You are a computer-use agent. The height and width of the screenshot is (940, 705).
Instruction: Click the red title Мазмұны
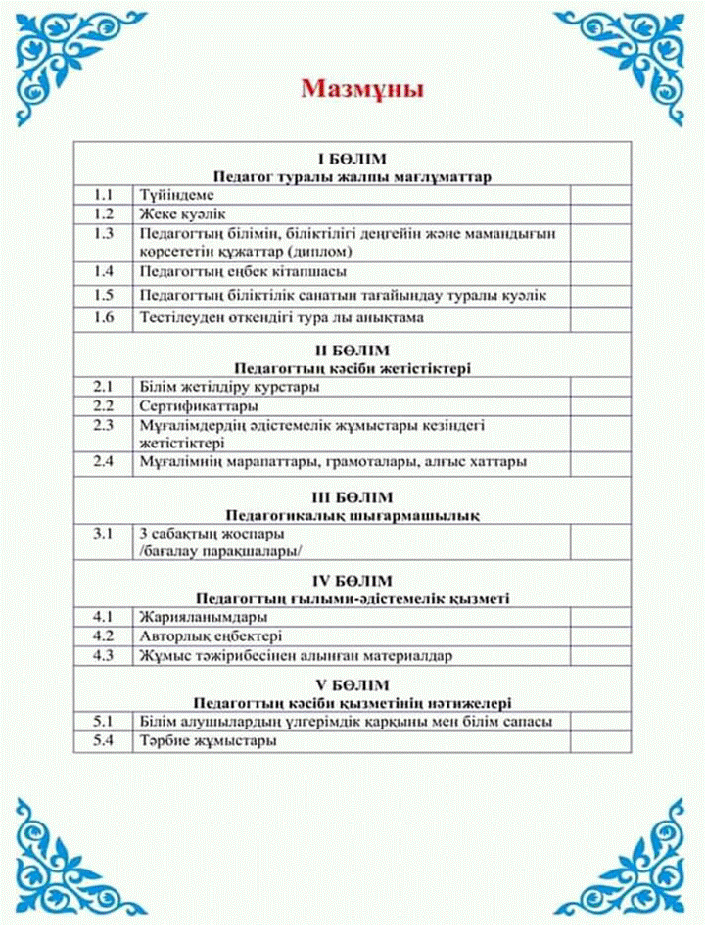[362, 90]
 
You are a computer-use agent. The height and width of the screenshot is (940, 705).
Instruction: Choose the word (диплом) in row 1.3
[290, 251]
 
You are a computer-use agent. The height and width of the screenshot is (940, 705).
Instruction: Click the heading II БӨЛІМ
[352, 351]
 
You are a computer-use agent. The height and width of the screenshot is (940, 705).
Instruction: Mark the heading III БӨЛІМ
[352, 496]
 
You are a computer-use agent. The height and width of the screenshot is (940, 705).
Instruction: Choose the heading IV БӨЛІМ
[352, 581]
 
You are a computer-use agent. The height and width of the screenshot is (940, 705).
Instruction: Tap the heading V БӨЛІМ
[352, 684]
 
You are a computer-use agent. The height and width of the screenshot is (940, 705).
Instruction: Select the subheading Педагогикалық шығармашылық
[352, 514]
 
